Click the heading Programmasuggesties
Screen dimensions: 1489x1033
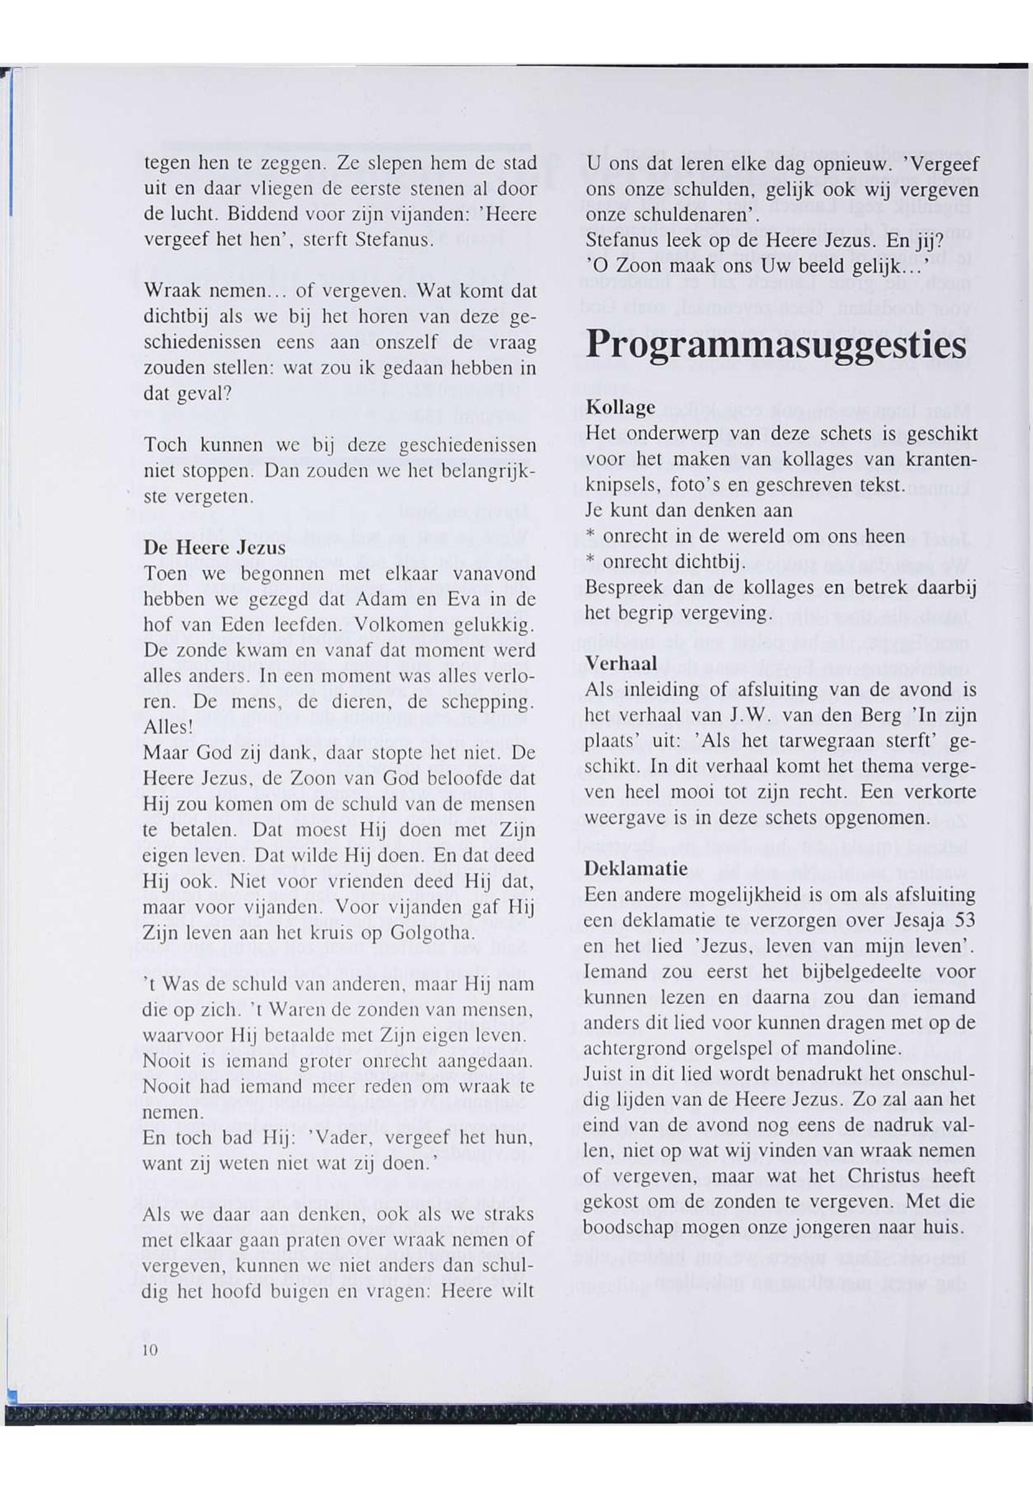[x=776, y=345]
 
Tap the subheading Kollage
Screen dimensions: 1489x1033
[x=620, y=408]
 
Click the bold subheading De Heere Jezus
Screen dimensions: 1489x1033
[x=214, y=548]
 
